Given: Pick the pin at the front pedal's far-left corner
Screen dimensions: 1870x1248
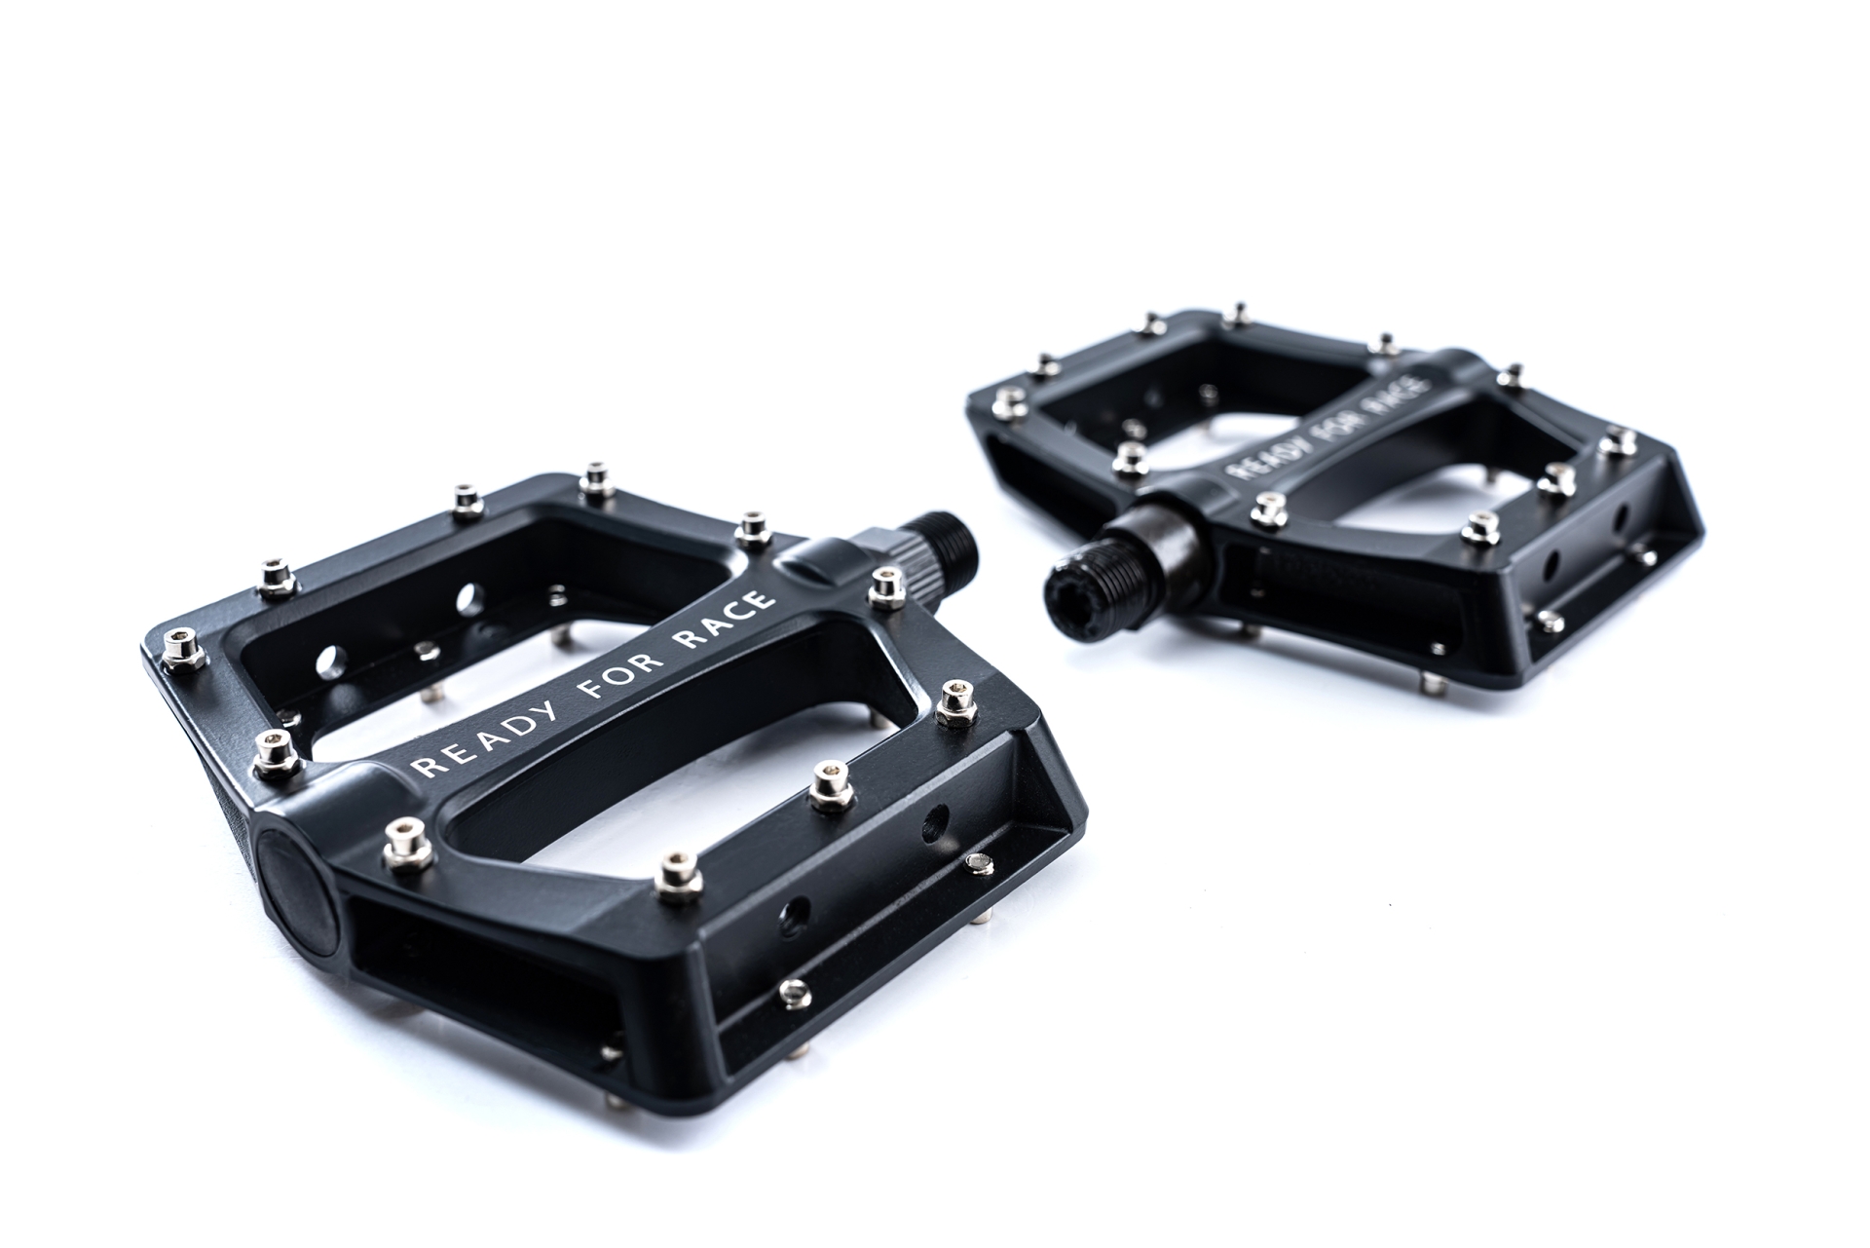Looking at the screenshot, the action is coord(179,648).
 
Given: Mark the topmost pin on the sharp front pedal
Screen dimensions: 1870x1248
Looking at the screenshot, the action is coord(593,479).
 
